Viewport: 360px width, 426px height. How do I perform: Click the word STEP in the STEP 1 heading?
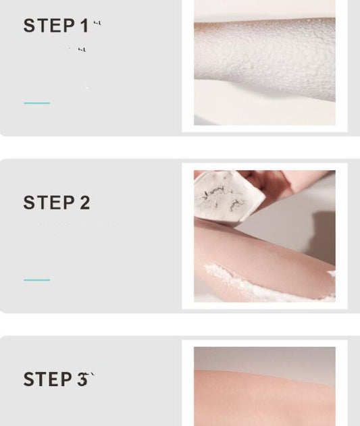(x=49, y=26)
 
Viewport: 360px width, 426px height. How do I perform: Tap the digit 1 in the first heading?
(x=84, y=26)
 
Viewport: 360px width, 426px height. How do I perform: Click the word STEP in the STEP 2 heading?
(x=49, y=203)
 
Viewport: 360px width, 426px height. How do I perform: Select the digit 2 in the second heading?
(x=84, y=203)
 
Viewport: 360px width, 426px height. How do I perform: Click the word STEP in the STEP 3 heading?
(x=49, y=379)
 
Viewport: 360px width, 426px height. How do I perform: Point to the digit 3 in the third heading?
(x=82, y=379)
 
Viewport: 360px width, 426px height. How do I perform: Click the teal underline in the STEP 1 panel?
(x=37, y=103)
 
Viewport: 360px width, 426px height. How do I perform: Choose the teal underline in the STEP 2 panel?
(x=37, y=279)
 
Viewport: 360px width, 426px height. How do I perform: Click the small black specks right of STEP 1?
(x=97, y=23)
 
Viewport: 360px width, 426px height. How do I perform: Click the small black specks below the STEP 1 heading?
(x=81, y=49)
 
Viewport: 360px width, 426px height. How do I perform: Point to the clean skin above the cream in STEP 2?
(x=257, y=250)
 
